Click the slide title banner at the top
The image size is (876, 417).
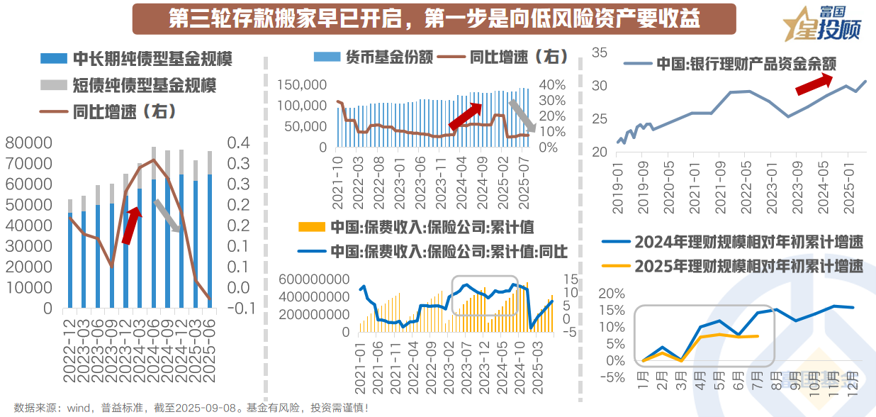pos(434,19)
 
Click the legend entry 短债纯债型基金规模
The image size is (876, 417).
pos(135,86)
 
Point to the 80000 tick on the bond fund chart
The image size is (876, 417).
pos(28,143)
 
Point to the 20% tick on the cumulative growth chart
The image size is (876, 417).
pos(611,294)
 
